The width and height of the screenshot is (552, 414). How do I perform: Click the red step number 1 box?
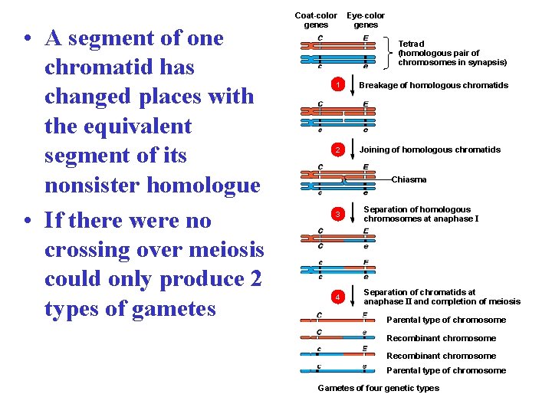tap(336, 84)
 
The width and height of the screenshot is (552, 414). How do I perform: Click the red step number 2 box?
tap(336, 150)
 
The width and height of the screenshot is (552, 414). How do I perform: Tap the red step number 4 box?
tap(336, 296)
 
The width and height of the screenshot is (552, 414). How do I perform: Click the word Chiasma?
tap(409, 179)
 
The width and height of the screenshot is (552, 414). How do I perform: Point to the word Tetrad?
tap(411, 44)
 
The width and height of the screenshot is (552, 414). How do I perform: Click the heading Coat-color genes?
tap(316, 20)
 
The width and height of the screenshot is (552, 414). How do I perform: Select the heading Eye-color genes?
tap(366, 20)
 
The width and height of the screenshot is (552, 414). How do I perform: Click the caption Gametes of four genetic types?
tap(379, 388)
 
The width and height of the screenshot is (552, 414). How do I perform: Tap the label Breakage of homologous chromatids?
tap(433, 85)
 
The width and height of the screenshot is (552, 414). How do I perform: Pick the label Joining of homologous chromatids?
tap(430, 150)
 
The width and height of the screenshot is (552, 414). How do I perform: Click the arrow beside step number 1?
tap(353, 84)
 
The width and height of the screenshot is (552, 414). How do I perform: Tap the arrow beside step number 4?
tap(353, 296)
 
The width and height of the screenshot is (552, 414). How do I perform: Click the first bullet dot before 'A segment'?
tap(28, 38)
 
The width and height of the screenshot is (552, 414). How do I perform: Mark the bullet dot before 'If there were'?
tap(28, 222)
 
